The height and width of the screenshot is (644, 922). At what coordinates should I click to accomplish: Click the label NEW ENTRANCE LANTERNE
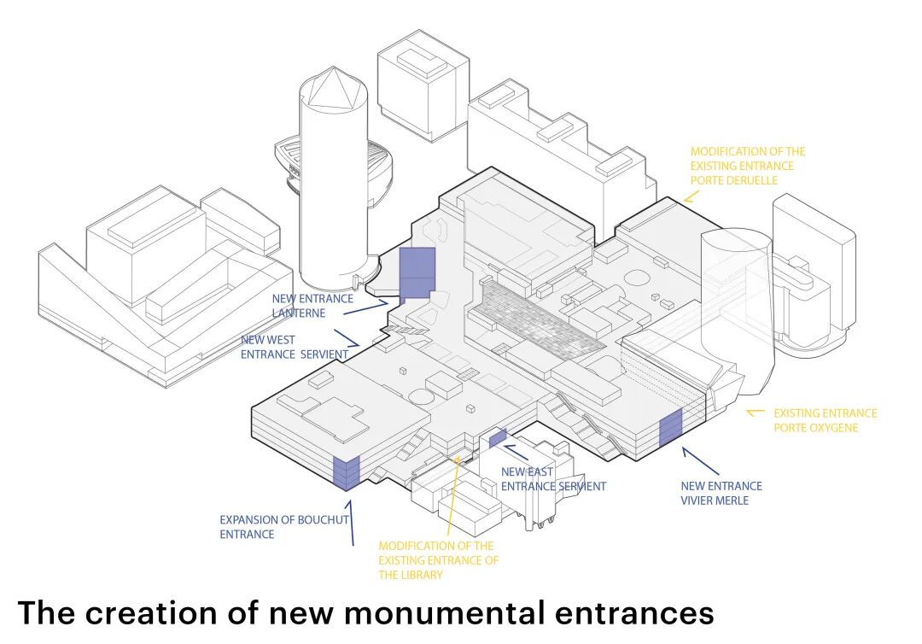[312, 306]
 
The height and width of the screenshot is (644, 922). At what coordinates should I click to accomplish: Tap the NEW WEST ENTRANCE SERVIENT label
[294, 347]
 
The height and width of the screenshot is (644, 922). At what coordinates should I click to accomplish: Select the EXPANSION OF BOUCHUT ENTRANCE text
[274, 526]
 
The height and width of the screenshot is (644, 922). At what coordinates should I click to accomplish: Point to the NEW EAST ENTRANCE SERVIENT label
[552, 479]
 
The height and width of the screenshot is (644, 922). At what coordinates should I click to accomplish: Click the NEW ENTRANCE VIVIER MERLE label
[721, 493]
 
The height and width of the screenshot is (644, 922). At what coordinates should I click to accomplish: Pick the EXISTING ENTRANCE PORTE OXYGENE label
[825, 420]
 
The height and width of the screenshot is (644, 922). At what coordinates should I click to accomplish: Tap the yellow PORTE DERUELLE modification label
[747, 166]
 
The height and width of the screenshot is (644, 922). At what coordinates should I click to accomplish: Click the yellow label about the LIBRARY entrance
[438, 559]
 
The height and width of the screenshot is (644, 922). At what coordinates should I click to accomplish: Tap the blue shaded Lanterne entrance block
[417, 272]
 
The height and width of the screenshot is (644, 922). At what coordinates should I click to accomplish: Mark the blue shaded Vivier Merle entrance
[670, 428]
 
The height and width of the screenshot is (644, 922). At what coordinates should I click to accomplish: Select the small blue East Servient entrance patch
[498, 436]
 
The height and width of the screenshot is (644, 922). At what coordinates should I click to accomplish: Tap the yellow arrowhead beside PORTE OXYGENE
[753, 413]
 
